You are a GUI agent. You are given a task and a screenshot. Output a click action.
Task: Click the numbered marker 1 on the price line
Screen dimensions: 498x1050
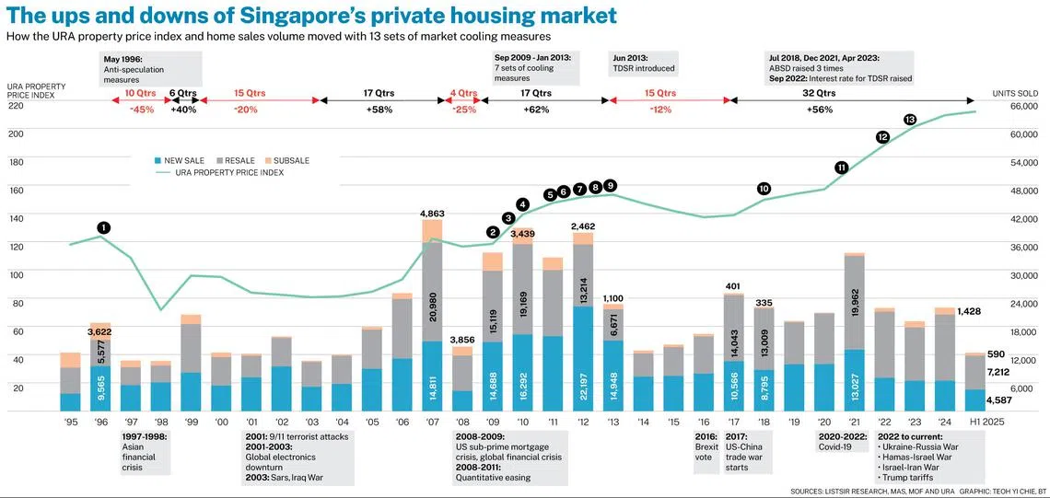coord(103,227)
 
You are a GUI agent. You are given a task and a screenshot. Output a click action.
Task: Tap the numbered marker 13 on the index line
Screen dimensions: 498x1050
coord(910,120)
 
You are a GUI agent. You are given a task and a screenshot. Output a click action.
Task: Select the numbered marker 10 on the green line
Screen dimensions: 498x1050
coord(764,189)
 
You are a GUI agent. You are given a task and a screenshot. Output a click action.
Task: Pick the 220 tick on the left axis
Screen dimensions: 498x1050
coord(16,106)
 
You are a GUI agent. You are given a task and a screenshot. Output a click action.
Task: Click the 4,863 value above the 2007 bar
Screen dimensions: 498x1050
coord(433,214)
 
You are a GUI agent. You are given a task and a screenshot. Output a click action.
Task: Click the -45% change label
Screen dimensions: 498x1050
coord(141,110)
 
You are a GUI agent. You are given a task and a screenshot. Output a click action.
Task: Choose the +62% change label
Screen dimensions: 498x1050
coord(535,110)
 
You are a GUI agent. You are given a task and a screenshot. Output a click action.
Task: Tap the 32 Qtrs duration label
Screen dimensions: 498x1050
coord(819,93)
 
